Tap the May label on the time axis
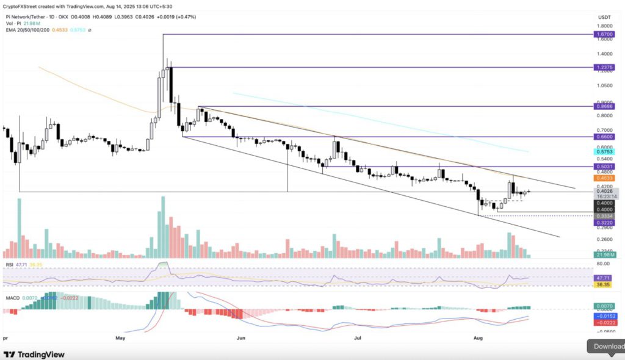(x=120, y=337)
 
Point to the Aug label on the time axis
(x=480, y=337)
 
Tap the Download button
(x=608, y=347)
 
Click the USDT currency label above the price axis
(x=604, y=16)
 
